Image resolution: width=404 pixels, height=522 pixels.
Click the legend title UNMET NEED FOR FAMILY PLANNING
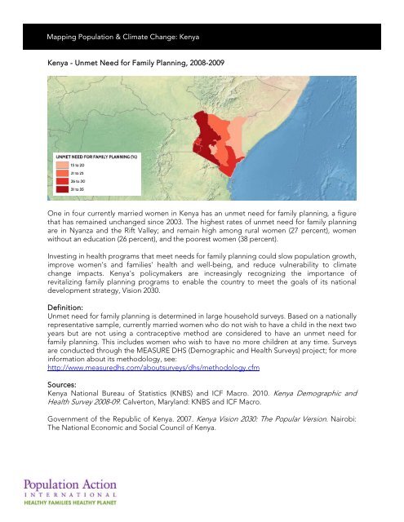[89, 154]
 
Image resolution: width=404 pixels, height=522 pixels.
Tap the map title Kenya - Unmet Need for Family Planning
[130, 61]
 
